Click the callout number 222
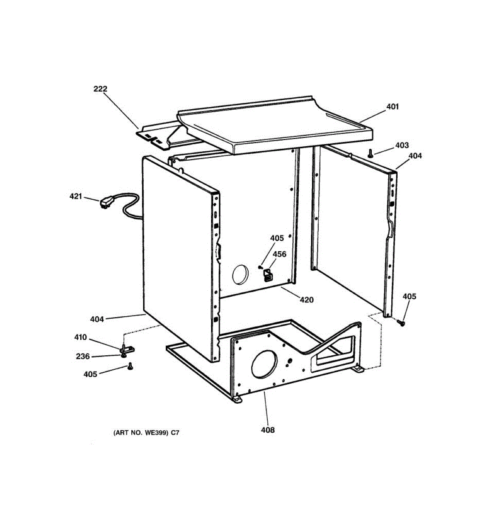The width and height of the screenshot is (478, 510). point(100,89)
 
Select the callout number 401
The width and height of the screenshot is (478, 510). point(393,107)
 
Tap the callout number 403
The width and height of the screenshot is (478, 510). point(402,145)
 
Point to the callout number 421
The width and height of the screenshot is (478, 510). point(76,196)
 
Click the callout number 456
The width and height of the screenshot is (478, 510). point(279,254)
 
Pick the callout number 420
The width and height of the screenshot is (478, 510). point(306,300)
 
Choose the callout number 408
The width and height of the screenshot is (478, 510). point(268,430)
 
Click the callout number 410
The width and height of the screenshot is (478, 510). point(80,337)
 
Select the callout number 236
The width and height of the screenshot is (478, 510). point(82,356)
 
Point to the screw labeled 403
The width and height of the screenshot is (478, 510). point(371,153)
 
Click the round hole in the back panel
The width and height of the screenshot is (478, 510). point(240,274)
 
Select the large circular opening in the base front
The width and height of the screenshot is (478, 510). point(264,365)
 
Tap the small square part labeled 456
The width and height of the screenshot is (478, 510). point(268,275)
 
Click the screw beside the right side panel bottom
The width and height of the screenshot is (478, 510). point(401,324)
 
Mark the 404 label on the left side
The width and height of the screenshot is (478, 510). point(97,319)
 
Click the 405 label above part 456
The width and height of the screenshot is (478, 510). point(277,238)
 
